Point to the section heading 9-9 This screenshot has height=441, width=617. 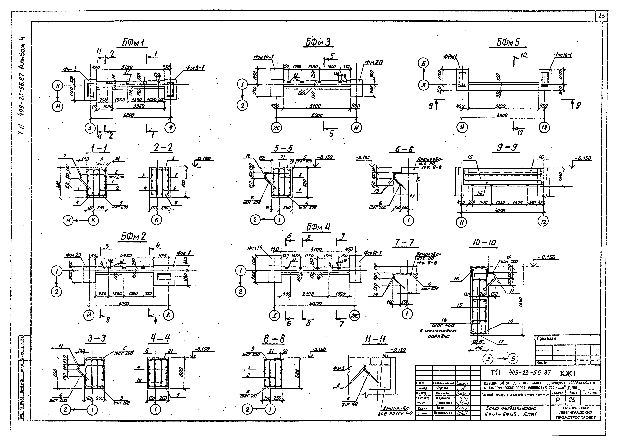(506, 148)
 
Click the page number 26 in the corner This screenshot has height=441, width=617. (601, 16)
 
